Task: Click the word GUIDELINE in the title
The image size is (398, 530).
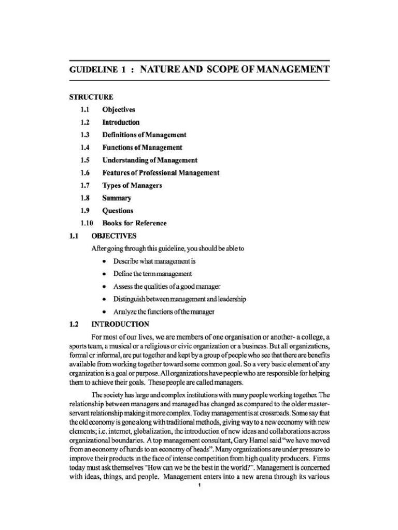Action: tap(94, 69)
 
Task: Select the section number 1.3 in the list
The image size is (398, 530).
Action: tap(85, 135)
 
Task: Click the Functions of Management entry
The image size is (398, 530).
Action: tap(142, 148)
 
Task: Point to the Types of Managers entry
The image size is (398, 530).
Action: tap(132, 185)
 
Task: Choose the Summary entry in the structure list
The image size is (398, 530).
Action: tap(117, 198)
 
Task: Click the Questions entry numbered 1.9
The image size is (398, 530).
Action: tap(118, 211)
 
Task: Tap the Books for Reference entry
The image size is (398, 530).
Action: tap(134, 223)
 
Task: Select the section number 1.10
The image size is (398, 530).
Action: tap(86, 223)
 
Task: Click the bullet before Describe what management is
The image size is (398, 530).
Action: tap(105, 261)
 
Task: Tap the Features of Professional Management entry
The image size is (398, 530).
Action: tap(161, 173)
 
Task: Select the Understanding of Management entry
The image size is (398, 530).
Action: tap(150, 160)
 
